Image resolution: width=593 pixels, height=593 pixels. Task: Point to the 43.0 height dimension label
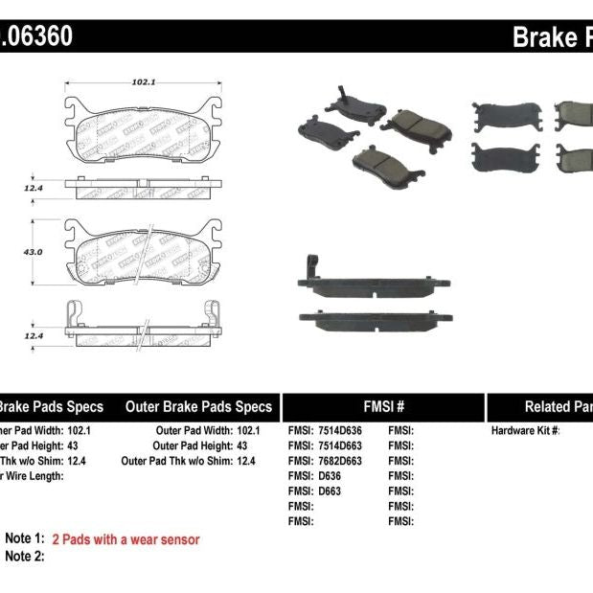[34, 252]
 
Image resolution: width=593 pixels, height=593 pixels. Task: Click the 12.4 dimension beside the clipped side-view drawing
[34, 335]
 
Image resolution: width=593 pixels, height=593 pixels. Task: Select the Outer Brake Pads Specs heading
[198, 406]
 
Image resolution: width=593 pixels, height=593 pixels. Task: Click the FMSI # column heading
[383, 406]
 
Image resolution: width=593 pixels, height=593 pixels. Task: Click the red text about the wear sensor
[125, 539]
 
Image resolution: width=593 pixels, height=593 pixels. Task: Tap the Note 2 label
[25, 557]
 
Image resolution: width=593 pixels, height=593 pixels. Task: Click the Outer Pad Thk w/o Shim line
[190, 461]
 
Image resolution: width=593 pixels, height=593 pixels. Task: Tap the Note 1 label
[25, 539]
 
